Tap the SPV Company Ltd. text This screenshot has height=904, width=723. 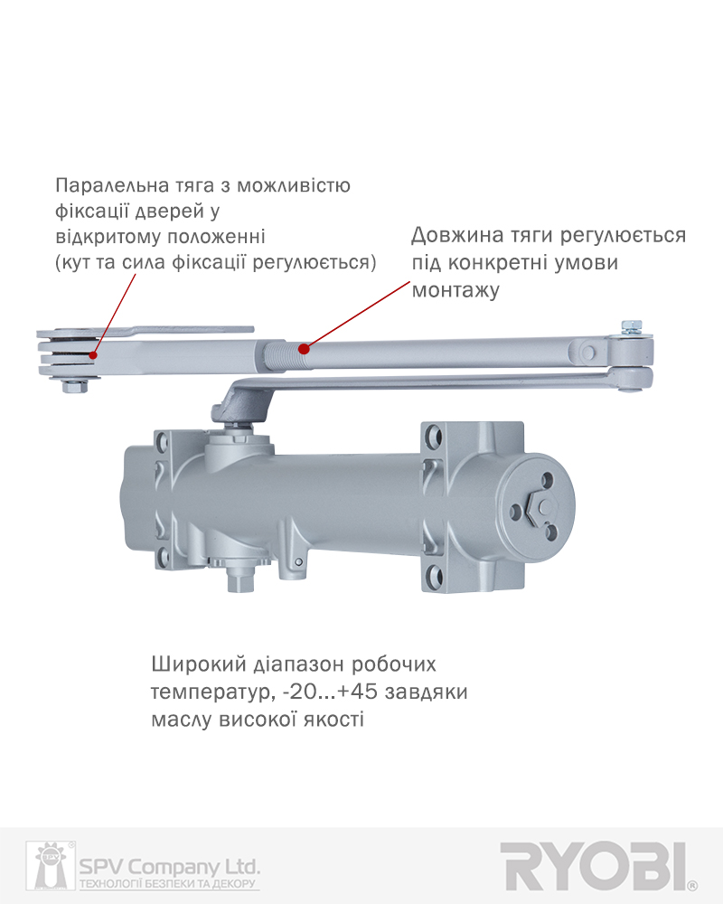click(169, 867)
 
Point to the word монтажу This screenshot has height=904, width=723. click(455, 290)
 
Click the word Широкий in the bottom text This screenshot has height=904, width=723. click(199, 664)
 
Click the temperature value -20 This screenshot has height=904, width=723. click(300, 692)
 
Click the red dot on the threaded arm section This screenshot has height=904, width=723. click(304, 349)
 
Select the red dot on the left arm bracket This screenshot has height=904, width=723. click(93, 355)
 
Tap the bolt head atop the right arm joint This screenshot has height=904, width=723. click(632, 327)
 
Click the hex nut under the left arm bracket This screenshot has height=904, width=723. click(74, 386)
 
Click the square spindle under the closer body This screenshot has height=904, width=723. click(239, 579)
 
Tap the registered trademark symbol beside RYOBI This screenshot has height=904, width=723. click(692, 885)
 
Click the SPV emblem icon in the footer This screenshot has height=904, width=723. click(51, 865)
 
